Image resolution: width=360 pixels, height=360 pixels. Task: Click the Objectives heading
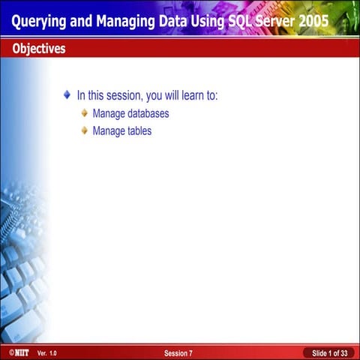coord(38,49)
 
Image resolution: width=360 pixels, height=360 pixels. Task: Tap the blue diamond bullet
coord(67,96)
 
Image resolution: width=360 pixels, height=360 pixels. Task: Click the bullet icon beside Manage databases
coord(85,114)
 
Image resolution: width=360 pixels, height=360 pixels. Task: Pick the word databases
coord(146,114)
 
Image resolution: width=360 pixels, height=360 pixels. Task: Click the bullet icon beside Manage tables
coord(85,130)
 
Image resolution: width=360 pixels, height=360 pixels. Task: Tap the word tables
coord(138,130)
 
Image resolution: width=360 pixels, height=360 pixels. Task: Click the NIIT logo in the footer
coord(15,352)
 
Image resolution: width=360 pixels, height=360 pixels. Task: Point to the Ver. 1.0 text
coord(46,352)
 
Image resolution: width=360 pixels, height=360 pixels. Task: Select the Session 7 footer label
coord(178,352)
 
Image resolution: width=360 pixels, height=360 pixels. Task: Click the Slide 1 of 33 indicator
coord(328,352)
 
